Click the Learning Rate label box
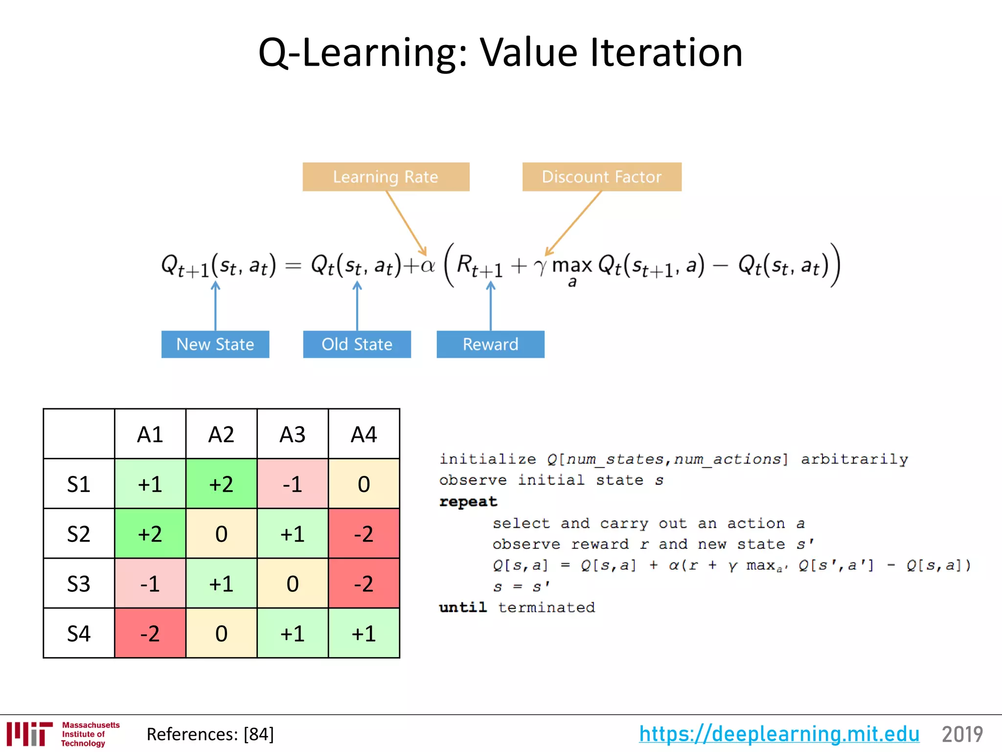click(x=386, y=177)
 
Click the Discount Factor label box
click(x=601, y=177)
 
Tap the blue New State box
click(x=215, y=344)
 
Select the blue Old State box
click(x=357, y=344)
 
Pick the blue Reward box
click(x=490, y=344)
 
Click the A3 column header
click(x=293, y=434)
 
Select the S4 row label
click(x=79, y=634)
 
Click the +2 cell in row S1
click(x=221, y=484)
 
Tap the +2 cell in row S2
click(x=150, y=534)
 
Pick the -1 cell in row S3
click(x=150, y=584)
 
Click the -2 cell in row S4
click(x=150, y=634)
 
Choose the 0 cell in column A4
click(x=364, y=484)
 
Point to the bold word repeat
click(x=468, y=502)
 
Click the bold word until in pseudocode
click(x=462, y=608)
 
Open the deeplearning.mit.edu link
click(x=779, y=734)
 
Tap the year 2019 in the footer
click(x=962, y=734)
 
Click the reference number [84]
click(x=259, y=734)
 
